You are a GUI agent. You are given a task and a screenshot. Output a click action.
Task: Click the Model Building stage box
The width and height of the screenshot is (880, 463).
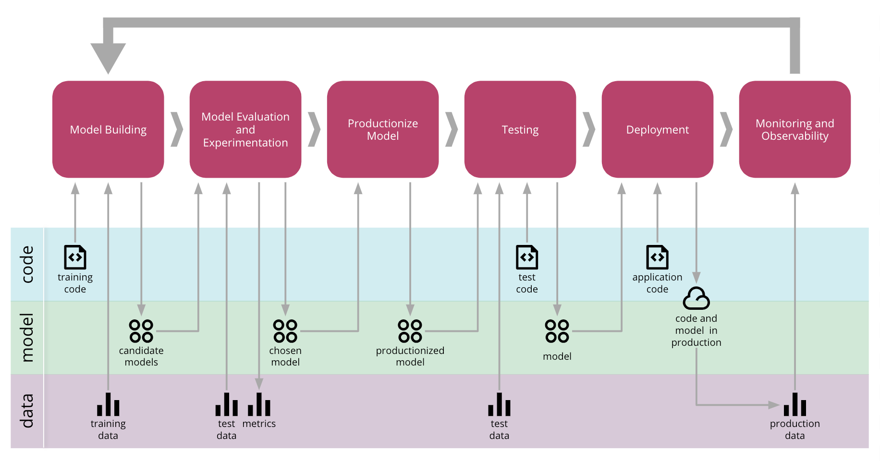[x=108, y=129]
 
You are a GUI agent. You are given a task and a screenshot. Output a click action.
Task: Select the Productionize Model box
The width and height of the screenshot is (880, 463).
[x=383, y=129]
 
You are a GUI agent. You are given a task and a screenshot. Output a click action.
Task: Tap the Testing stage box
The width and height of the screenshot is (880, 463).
[x=520, y=129]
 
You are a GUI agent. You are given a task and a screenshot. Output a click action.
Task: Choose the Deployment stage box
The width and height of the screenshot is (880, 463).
[x=658, y=129]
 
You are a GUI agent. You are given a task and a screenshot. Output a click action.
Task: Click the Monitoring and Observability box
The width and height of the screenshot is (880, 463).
[x=795, y=129]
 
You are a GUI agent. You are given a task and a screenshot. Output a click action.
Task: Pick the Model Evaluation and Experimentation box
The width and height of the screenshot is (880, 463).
[x=245, y=129]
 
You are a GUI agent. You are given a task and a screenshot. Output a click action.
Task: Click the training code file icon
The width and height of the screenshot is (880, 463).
[x=75, y=257]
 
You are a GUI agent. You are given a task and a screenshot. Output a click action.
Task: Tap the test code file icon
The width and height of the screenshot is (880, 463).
[x=527, y=257]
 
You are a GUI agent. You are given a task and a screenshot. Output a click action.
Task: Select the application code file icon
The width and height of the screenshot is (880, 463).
[x=657, y=257]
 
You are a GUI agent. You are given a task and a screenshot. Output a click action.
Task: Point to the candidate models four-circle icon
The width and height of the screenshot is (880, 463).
[x=141, y=331]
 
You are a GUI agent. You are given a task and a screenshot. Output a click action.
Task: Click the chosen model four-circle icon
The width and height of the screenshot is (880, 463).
[x=285, y=331]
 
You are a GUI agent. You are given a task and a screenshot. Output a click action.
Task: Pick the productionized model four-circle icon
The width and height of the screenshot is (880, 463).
[x=410, y=331]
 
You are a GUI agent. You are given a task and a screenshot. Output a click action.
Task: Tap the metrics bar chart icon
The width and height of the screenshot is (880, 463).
[x=259, y=404]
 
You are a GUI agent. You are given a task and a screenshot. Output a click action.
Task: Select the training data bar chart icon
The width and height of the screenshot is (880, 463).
[x=108, y=404]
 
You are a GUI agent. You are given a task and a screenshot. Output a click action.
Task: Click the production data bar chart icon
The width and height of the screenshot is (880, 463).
[x=795, y=404]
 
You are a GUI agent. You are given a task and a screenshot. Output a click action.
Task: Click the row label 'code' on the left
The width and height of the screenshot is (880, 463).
[x=27, y=264]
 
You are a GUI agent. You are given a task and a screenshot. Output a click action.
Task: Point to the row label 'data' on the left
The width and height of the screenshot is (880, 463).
[x=27, y=411]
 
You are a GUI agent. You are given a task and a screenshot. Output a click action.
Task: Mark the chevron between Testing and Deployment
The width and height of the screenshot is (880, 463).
[x=589, y=129]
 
